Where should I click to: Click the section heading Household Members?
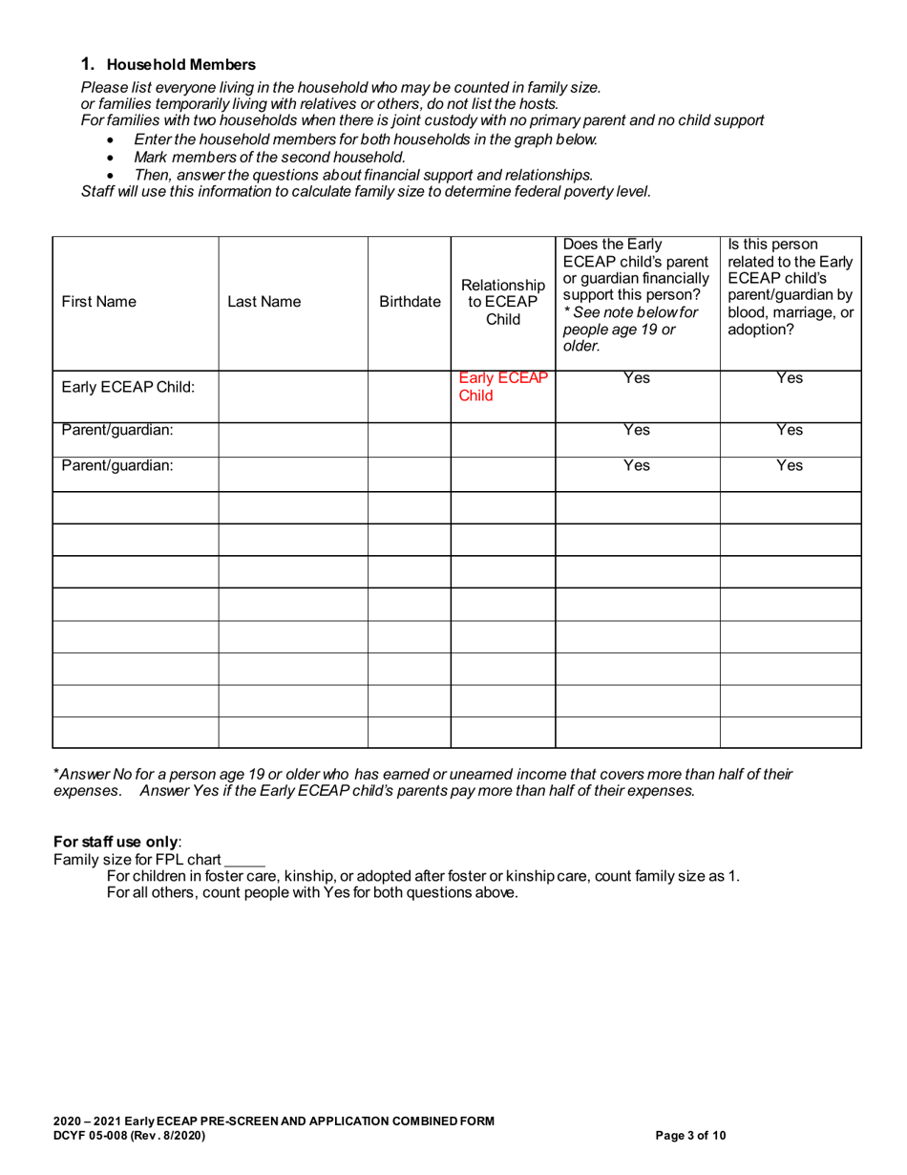point(180,65)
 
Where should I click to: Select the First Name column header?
point(98,303)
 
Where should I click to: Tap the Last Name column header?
point(264,303)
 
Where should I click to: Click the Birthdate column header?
point(410,303)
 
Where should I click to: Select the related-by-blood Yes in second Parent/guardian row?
point(790,465)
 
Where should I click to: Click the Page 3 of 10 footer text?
point(691,1136)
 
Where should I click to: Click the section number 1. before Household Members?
point(89,65)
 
